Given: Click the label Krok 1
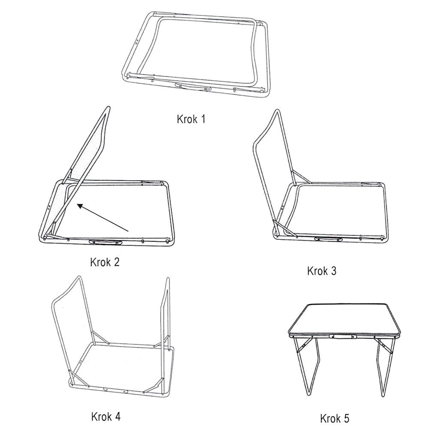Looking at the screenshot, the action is [x=191, y=119].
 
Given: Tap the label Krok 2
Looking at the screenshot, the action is [x=105, y=262].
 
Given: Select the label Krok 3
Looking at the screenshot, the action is [x=321, y=271].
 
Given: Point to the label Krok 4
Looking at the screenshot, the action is [x=106, y=417].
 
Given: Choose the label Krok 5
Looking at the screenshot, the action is [x=335, y=419].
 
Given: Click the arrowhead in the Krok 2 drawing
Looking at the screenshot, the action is [x=80, y=206].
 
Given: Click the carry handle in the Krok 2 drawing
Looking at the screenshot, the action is [x=106, y=242].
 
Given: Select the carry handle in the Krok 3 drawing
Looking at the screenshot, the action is [x=328, y=239].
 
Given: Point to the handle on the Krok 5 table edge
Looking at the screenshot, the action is [x=343, y=336].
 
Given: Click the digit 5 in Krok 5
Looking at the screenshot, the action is [x=346, y=419].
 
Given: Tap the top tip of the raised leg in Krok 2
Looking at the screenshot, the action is [x=108, y=107].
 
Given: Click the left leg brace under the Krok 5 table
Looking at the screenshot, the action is [x=304, y=345].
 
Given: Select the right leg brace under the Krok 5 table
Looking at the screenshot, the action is [x=385, y=346].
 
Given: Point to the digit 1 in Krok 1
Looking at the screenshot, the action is [x=203, y=119].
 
